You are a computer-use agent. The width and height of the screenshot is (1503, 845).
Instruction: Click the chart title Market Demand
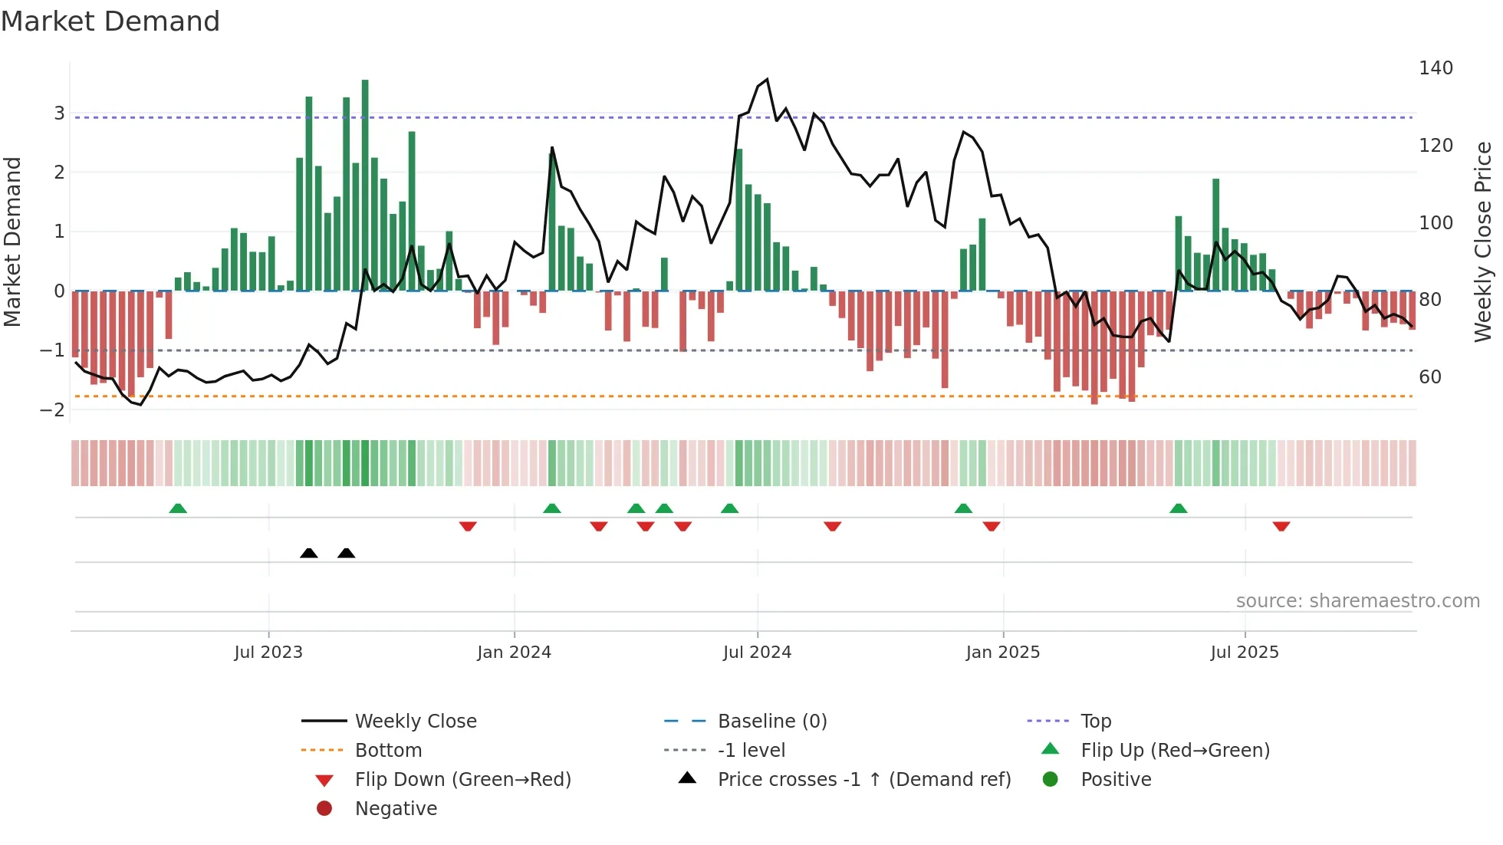[x=110, y=21]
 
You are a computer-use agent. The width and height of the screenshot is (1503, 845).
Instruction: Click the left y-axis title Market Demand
[x=12, y=242]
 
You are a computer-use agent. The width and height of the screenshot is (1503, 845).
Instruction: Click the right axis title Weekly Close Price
[x=1483, y=242]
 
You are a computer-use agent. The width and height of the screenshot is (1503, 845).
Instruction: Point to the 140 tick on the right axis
[x=1436, y=68]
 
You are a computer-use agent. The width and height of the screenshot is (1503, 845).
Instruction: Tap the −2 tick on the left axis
[x=53, y=409]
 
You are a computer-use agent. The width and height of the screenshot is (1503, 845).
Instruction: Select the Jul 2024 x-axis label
[x=757, y=653]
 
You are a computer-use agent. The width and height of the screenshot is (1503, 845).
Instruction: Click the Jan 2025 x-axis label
[x=1002, y=653]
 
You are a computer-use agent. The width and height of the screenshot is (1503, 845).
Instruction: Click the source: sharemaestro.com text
[x=1357, y=601]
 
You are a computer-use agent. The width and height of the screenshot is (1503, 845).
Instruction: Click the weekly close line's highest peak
[x=767, y=80]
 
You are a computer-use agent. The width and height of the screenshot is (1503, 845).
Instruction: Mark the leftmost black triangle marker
[x=309, y=554]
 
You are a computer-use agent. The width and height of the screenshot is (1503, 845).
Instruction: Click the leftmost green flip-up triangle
[x=178, y=508]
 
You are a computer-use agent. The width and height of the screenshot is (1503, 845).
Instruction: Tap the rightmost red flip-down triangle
[x=1281, y=526]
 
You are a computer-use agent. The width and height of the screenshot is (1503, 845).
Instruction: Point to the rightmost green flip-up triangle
[x=1179, y=508]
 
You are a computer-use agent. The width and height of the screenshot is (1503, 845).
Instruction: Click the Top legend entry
[x=1095, y=722]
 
